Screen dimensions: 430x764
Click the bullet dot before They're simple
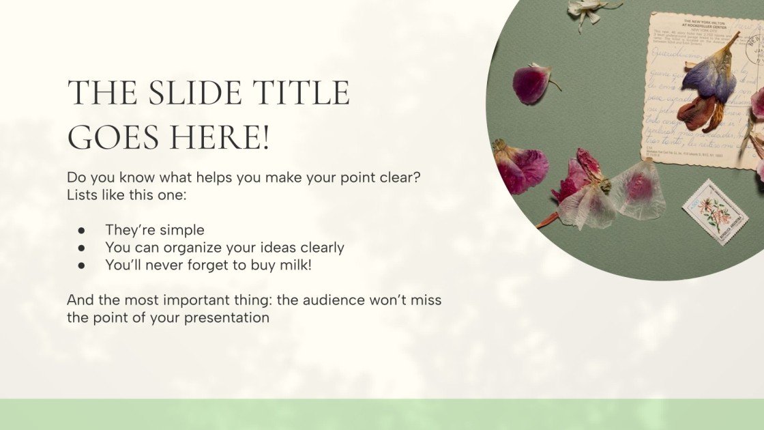click(81, 230)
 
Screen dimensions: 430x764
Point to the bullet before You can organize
click(81, 248)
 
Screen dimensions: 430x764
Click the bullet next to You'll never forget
click(81, 266)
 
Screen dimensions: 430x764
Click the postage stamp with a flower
click(715, 212)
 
